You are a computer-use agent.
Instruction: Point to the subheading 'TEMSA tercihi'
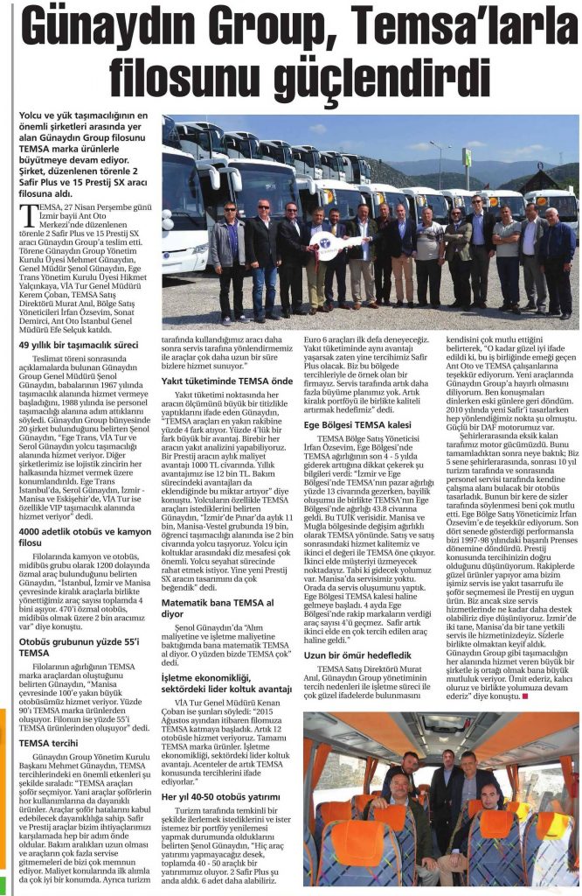(x=52, y=742)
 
